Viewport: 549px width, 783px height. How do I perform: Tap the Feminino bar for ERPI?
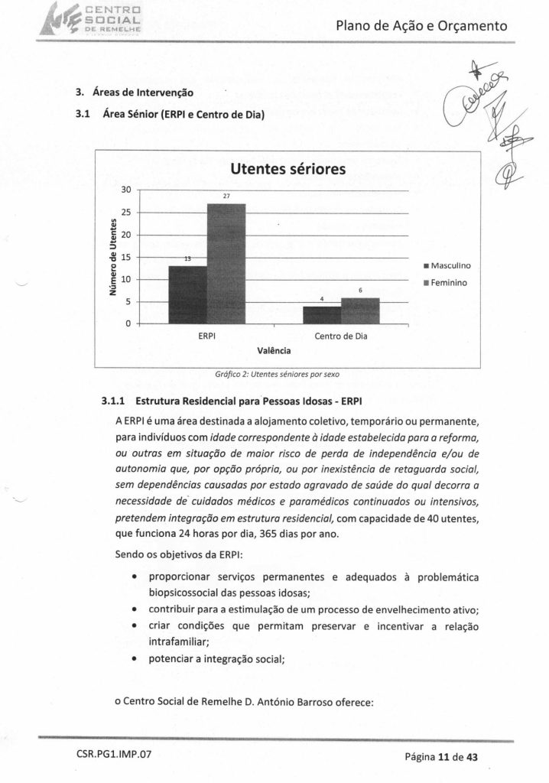(x=226, y=264)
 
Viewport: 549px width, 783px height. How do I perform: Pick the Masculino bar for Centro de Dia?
(x=322, y=315)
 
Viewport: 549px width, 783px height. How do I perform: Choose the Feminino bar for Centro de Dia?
(x=360, y=310)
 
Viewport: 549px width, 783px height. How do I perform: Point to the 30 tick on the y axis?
(x=128, y=190)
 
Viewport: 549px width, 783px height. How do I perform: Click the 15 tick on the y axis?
(x=128, y=257)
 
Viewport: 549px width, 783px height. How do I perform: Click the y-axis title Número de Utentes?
(x=112, y=257)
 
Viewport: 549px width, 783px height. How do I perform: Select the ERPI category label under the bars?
(x=206, y=336)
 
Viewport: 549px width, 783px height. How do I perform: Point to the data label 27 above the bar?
(x=226, y=197)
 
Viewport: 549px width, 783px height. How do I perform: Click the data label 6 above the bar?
(x=360, y=291)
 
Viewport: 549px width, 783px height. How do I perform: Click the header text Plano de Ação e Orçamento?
(x=421, y=27)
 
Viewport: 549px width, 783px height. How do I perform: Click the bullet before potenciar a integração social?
(x=135, y=662)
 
